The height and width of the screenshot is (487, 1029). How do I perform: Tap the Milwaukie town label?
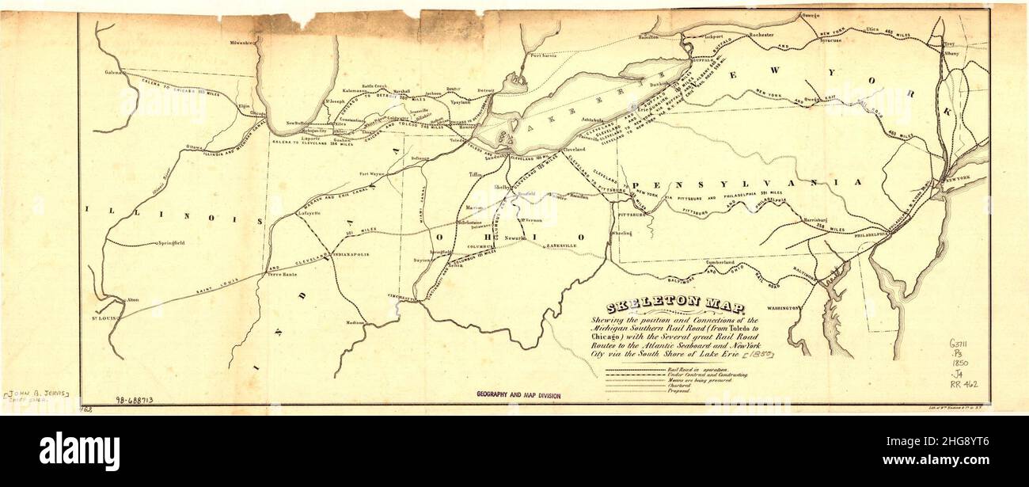(x=245, y=42)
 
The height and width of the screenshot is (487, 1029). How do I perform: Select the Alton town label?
(x=133, y=300)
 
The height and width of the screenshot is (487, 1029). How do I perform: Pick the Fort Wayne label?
(x=371, y=173)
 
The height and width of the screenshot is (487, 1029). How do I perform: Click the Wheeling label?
(x=621, y=234)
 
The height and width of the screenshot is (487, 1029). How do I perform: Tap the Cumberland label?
(x=727, y=262)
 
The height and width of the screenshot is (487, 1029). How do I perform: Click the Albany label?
(x=951, y=53)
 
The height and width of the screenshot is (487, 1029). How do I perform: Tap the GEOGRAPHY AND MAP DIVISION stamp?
(x=518, y=394)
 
